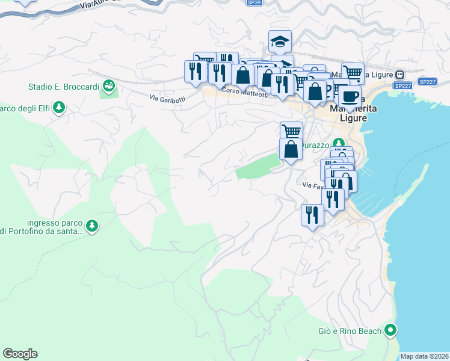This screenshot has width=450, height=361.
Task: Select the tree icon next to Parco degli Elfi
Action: [59, 108]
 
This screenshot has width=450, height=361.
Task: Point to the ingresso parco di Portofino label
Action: [45, 227]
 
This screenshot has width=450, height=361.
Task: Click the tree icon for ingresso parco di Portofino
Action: [91, 226]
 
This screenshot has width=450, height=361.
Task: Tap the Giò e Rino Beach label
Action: [350, 331]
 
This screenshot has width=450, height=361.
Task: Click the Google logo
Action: [20, 354]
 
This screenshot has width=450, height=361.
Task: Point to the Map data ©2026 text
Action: [425, 356]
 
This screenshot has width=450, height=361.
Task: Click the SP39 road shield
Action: [254, 2]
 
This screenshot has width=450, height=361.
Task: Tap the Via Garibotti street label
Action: [167, 99]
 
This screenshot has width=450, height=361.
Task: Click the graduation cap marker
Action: [280, 42]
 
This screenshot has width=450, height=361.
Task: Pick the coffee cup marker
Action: [350, 96]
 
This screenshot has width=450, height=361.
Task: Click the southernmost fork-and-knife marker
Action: [312, 215]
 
